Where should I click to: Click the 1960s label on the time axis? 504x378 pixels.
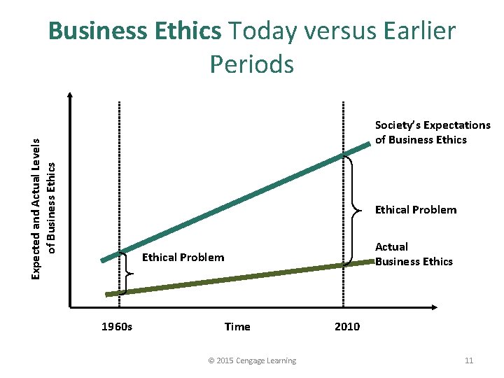[x=117, y=326]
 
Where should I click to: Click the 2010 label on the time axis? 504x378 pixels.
[x=347, y=326]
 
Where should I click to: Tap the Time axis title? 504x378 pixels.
[x=237, y=326]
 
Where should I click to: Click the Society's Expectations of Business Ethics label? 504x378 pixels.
[x=433, y=132]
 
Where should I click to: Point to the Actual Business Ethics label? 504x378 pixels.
[x=414, y=254]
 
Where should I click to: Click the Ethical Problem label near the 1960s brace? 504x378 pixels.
[x=183, y=258]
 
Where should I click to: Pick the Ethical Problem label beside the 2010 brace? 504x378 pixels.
[x=416, y=209]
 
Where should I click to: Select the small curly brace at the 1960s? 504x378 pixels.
[x=128, y=271]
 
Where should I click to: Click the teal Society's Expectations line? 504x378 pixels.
[x=238, y=202]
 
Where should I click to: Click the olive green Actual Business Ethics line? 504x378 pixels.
[x=238, y=278]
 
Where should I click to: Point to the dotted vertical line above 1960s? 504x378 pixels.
[x=119, y=175]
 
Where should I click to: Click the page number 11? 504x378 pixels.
[x=469, y=360]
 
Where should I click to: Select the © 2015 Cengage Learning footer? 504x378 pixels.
[x=252, y=360]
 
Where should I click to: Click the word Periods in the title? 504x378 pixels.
[x=251, y=64]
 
